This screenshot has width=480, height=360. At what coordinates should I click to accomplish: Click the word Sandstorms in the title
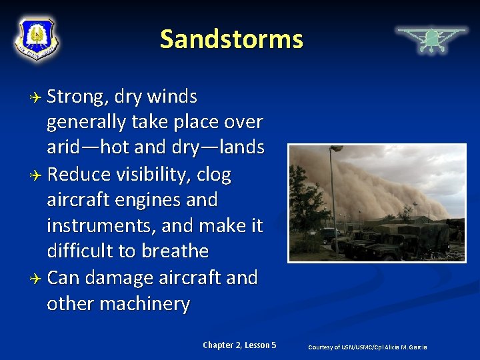click(x=231, y=39)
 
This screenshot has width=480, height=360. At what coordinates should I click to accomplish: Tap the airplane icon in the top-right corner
click(x=431, y=39)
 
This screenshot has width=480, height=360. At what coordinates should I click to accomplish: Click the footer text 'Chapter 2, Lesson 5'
click(x=239, y=345)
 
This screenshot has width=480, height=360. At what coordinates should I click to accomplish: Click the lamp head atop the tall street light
click(x=337, y=149)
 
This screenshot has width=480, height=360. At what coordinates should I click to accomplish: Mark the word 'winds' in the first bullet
click(x=171, y=97)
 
